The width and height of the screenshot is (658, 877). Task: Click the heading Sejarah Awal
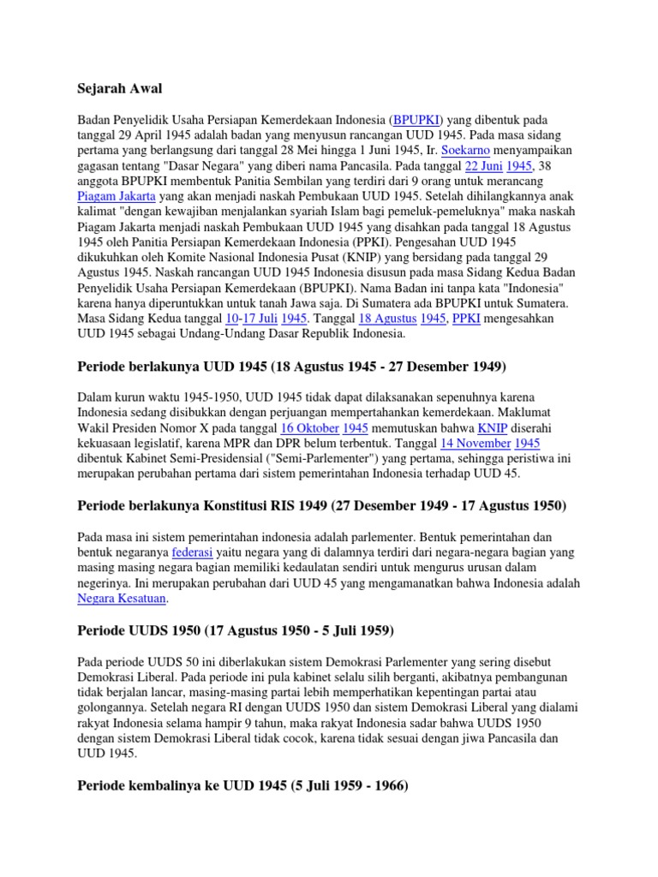[x=119, y=88]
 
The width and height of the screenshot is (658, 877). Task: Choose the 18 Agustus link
[x=382, y=318]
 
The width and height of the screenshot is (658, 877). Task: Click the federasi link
[x=192, y=552]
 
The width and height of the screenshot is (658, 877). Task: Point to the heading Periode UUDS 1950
[x=236, y=631]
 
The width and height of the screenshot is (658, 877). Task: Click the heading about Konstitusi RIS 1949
[x=321, y=506]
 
